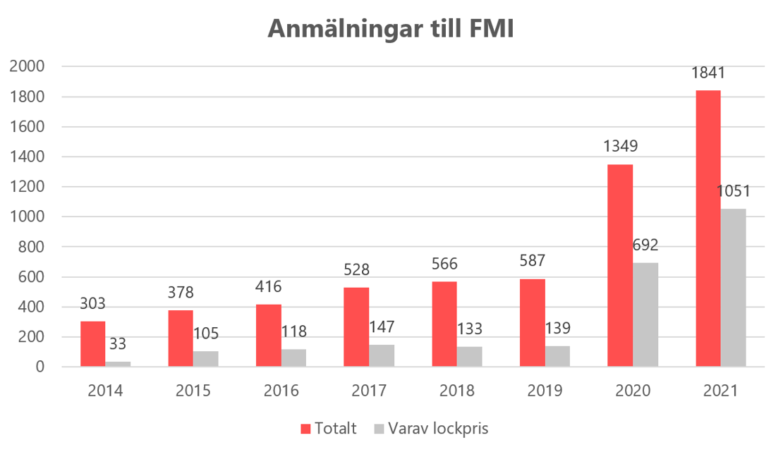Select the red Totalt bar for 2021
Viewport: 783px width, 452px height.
pos(708,228)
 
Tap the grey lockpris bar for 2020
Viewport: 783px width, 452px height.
pos(645,314)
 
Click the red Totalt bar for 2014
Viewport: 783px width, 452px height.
pos(92,344)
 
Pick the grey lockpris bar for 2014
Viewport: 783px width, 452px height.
pos(118,364)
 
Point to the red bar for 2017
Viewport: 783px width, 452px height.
pos(356,327)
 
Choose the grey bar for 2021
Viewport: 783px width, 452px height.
pos(734,288)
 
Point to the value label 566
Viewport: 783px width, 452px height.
pos(444,265)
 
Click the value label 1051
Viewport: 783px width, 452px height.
pos(734,192)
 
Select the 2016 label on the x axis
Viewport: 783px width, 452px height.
pos(281,391)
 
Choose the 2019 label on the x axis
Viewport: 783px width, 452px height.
pos(545,391)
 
